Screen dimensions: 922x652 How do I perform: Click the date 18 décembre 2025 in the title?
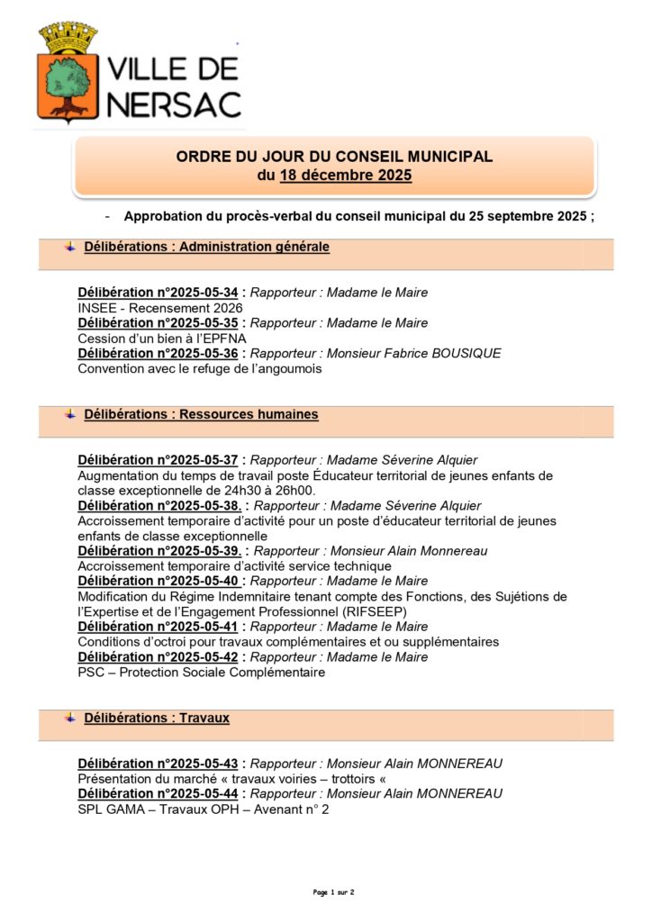point(346,176)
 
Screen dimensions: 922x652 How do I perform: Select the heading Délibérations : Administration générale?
point(206,247)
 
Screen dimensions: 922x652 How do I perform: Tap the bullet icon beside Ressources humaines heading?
point(70,414)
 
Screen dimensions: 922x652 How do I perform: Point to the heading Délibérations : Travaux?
point(156,719)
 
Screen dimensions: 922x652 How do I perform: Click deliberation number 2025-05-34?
point(158,293)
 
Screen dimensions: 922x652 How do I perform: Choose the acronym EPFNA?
point(217,339)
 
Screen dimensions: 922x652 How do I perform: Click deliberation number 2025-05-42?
point(158,657)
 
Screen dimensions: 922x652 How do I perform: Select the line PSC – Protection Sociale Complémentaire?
point(201,673)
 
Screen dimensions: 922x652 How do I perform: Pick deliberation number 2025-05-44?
point(158,794)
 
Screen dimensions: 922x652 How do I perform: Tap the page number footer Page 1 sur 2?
point(333,892)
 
